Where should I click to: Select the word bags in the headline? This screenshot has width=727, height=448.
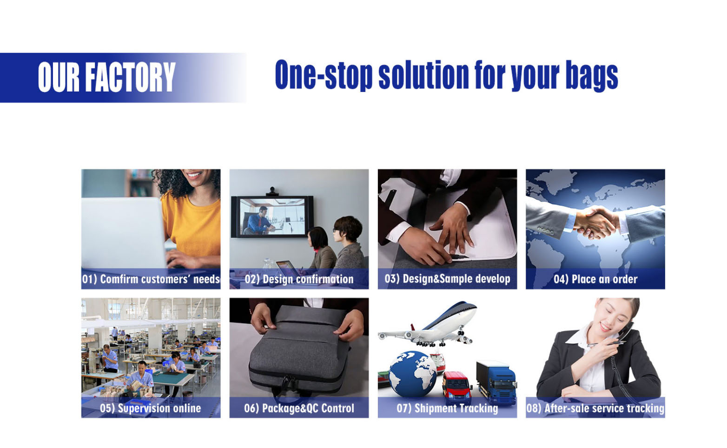click(592, 76)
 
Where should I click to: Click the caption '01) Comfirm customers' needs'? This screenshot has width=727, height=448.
click(151, 279)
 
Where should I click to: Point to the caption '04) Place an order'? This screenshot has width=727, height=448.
click(595, 279)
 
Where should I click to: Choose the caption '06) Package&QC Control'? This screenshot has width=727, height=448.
click(299, 408)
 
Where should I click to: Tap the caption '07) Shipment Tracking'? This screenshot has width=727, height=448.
click(447, 408)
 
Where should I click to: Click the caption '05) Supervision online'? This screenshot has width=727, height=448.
click(151, 408)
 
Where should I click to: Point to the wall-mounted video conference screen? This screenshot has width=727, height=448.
click(272, 217)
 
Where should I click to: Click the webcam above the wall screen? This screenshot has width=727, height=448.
click(272, 191)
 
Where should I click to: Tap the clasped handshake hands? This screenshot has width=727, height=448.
click(596, 222)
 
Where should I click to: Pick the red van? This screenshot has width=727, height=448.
click(457, 388)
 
